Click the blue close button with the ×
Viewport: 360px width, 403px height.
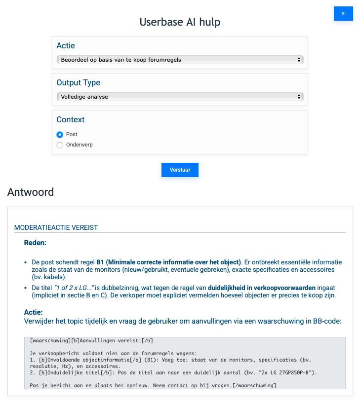(x=343, y=14)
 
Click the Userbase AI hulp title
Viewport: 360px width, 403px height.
(x=180, y=22)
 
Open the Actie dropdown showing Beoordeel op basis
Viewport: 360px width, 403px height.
(x=180, y=60)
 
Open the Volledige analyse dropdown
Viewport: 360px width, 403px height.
(x=180, y=97)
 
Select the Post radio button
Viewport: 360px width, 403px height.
(x=60, y=134)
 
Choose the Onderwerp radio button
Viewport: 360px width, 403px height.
(x=60, y=145)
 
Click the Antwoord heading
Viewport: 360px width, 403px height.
(x=31, y=192)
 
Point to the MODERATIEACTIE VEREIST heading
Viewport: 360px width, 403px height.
(x=56, y=227)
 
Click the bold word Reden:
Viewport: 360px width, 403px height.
(x=36, y=243)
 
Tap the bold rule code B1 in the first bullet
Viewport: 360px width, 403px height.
(x=101, y=262)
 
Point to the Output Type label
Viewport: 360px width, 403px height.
(x=78, y=82)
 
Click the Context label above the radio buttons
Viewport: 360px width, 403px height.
(x=70, y=119)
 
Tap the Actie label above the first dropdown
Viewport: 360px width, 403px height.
(x=66, y=45)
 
